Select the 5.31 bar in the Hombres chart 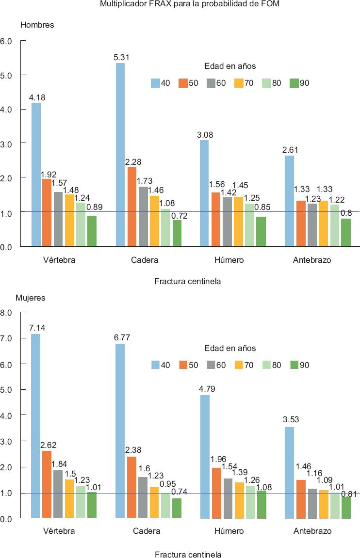120,155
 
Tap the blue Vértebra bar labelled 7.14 35,427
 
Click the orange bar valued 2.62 47,485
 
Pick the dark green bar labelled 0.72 177,234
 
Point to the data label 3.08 204,134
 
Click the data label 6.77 122,337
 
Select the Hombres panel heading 37,25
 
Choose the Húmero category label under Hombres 229,260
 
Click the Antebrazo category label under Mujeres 312,531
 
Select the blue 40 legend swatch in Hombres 155,83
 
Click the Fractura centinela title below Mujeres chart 188,554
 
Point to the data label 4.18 37,97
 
